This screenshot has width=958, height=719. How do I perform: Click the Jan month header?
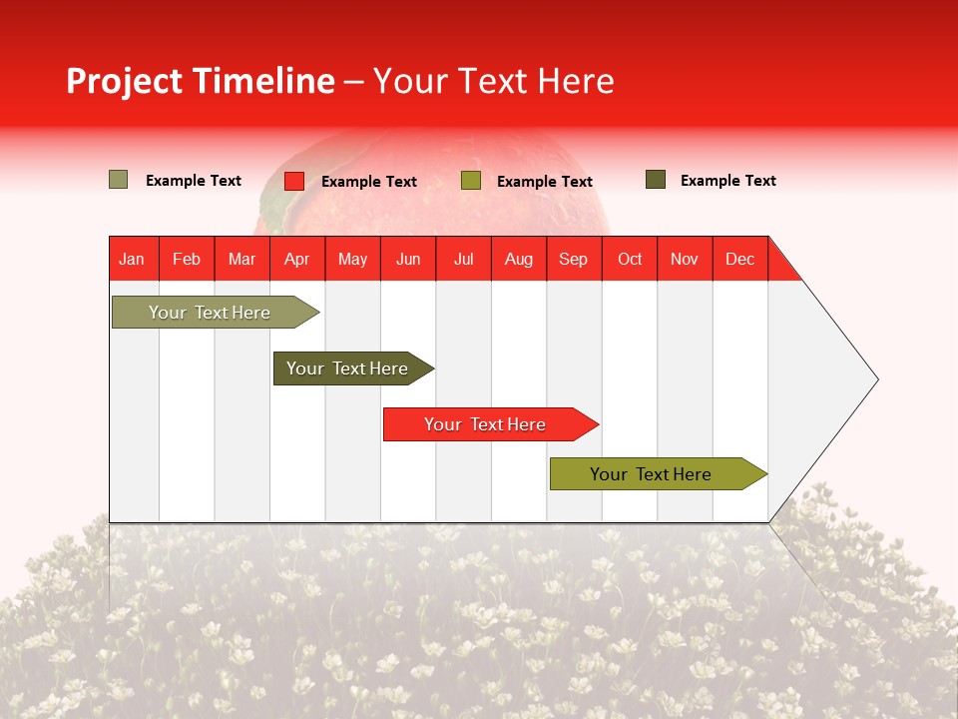[x=132, y=259]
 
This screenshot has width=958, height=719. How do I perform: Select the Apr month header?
[x=296, y=259]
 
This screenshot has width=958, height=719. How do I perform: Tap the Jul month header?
[x=463, y=259]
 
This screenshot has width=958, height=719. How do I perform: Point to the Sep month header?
[x=573, y=259]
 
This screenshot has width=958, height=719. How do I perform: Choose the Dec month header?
[x=739, y=259]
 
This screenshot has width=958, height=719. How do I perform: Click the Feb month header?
[x=187, y=259]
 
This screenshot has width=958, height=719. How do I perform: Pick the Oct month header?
[x=630, y=259]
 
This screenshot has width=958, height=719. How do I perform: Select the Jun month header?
[x=408, y=259]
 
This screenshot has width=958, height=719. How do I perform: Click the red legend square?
[x=294, y=181]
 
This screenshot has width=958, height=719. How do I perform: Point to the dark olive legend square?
[x=656, y=180]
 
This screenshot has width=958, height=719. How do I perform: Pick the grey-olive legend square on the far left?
[x=119, y=180]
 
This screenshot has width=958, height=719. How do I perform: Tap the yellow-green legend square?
[x=471, y=181]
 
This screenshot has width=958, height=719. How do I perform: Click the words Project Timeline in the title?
[x=200, y=81]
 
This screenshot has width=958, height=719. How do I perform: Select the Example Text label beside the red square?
[x=369, y=182]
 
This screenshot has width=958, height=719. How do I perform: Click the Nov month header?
[x=685, y=259]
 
